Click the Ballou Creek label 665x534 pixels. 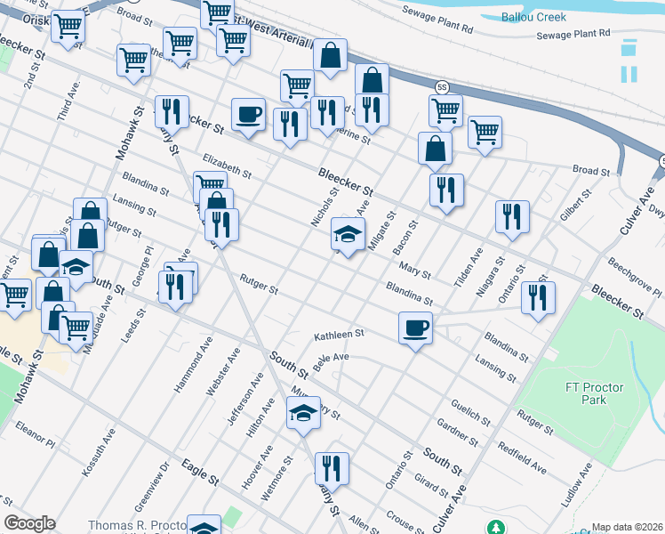pyautogui.click(x=533, y=18)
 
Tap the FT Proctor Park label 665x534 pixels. pyautogui.click(x=594, y=393)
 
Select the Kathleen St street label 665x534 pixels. pyautogui.click(x=339, y=335)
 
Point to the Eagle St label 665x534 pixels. pyautogui.click(x=199, y=471)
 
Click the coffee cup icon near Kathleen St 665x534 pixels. pyautogui.click(x=415, y=328)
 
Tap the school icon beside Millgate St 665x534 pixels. pyautogui.click(x=348, y=235)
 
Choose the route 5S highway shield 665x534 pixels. pyautogui.click(x=442, y=86)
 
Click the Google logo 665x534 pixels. pyautogui.click(x=29, y=523)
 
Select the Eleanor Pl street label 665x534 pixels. pyautogui.click(x=35, y=435)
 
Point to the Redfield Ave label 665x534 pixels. pyautogui.click(x=522, y=456)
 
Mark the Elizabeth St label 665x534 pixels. pyautogui.click(x=227, y=165)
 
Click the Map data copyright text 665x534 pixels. pyautogui.click(x=627, y=527)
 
